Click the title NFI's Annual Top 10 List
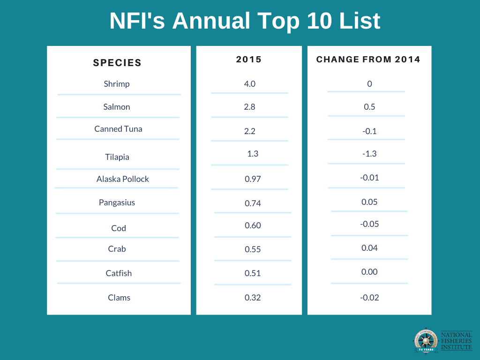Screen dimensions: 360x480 [245, 21]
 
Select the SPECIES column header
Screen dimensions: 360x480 [117, 63]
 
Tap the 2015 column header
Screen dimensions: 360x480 [249, 60]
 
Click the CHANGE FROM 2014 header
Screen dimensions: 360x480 [368, 60]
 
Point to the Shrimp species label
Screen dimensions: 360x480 [117, 84]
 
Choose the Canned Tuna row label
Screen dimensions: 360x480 [118, 129]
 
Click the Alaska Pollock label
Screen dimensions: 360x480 [123, 179]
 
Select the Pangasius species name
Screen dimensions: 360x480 [117, 203]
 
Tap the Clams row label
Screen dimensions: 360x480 [119, 298]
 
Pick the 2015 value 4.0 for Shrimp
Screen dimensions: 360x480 [249, 84]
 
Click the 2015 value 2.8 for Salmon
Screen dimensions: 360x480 [249, 107]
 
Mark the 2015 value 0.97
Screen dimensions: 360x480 [253, 179]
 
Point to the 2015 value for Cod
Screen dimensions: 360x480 [253, 225]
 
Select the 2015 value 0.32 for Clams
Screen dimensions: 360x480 [253, 298]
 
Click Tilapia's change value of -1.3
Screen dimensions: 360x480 [369, 154]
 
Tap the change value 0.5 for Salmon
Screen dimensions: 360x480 [369, 107]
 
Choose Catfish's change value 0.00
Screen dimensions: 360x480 [369, 272]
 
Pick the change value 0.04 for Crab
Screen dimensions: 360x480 [369, 248]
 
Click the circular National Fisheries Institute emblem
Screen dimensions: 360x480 [426, 341]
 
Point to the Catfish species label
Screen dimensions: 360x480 [119, 273]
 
